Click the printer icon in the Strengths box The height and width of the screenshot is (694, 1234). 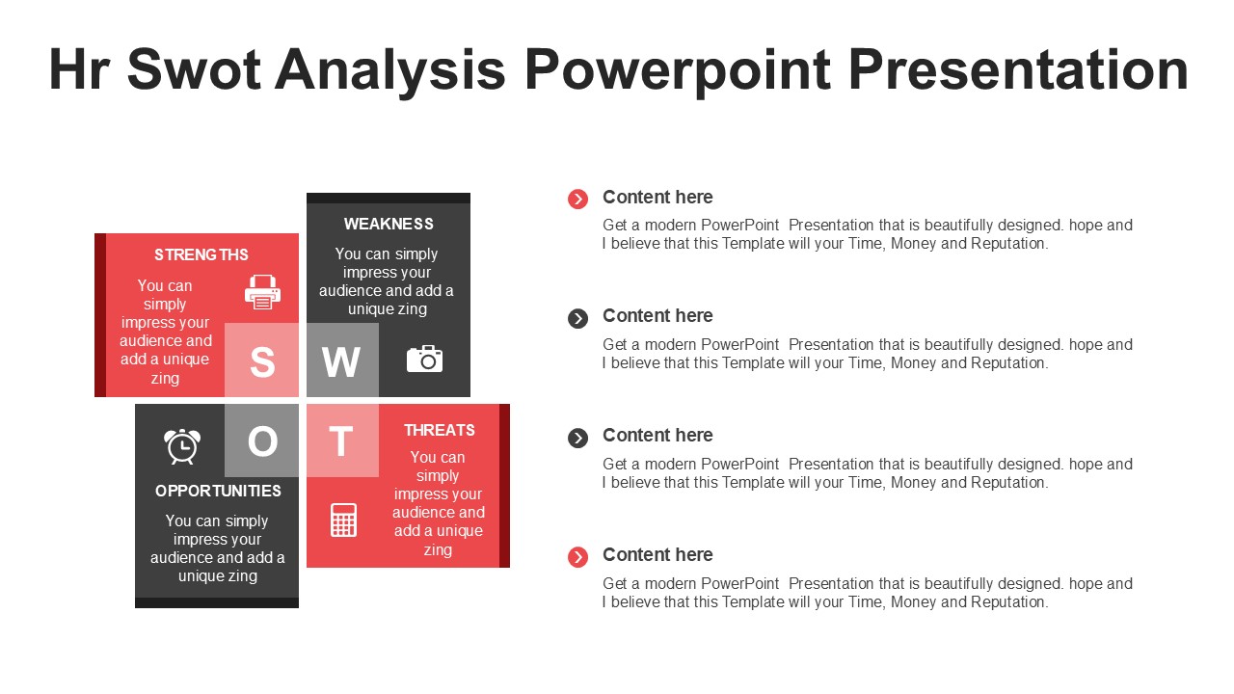click(x=262, y=291)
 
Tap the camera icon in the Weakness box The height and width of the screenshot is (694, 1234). click(x=424, y=360)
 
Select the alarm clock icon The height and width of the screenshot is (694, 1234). click(x=182, y=446)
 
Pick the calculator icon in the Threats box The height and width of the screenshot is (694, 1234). click(x=343, y=520)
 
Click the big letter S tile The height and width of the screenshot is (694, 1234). click(x=261, y=360)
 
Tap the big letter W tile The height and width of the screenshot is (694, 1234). click(x=342, y=360)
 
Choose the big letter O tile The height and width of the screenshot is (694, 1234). click(x=261, y=440)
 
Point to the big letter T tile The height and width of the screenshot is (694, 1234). click(x=342, y=440)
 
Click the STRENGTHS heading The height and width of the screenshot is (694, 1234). click(x=201, y=255)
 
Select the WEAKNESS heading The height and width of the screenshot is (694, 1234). click(x=389, y=225)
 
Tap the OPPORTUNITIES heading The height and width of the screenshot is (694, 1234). click(x=218, y=491)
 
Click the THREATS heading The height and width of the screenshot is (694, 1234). click(x=439, y=430)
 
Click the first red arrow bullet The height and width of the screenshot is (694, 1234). click(x=577, y=199)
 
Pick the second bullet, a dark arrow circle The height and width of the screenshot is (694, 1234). click(x=577, y=318)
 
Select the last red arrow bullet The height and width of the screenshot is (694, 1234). click(x=577, y=557)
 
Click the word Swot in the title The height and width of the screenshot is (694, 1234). click(x=194, y=69)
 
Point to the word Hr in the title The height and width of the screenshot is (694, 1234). click(x=79, y=69)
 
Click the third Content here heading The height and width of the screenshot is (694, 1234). click(x=657, y=435)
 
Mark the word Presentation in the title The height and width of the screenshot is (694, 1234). click(x=1018, y=69)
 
